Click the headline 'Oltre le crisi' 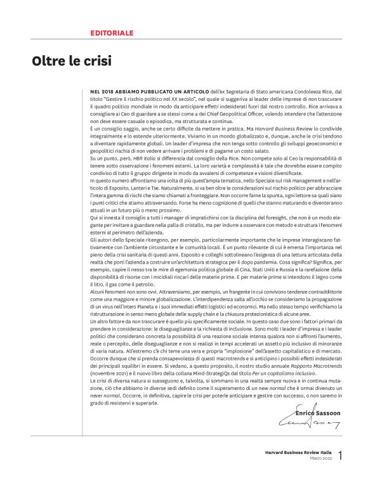pos(72,61)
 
